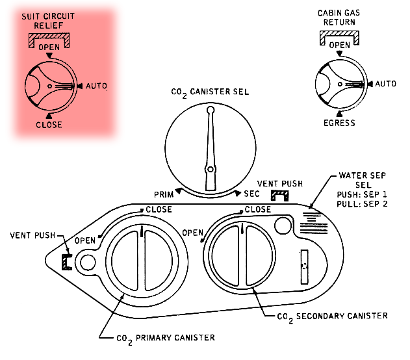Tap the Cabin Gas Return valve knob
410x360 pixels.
coord(340,84)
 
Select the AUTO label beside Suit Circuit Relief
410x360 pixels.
coord(96,86)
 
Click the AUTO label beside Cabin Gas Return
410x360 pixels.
coord(386,84)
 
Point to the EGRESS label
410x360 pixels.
coord(340,122)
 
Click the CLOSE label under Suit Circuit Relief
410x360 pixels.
coord(49,125)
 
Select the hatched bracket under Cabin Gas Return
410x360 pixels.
coord(339,36)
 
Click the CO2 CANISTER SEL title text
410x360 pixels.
coord(210,92)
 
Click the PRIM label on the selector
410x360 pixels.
coord(164,194)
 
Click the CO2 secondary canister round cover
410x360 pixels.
coord(241,254)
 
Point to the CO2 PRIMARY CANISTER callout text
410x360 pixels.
coord(165,338)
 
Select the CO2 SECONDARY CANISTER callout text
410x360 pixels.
coord(333,316)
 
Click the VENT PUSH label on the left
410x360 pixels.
coord(32,235)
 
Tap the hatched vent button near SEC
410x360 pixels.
coord(279,196)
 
